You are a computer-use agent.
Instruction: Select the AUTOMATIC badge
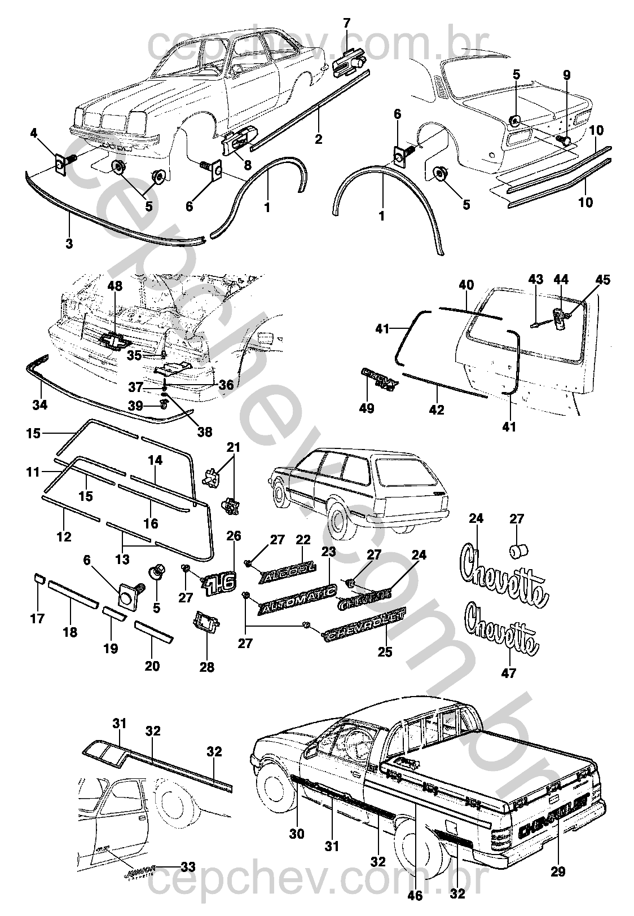(297, 600)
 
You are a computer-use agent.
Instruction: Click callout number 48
(115, 287)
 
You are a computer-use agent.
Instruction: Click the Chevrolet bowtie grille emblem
(115, 340)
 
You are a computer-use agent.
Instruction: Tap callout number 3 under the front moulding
(69, 243)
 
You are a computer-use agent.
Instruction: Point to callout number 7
(346, 23)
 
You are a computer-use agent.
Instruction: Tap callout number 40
(466, 285)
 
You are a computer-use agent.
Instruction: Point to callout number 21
(234, 448)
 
